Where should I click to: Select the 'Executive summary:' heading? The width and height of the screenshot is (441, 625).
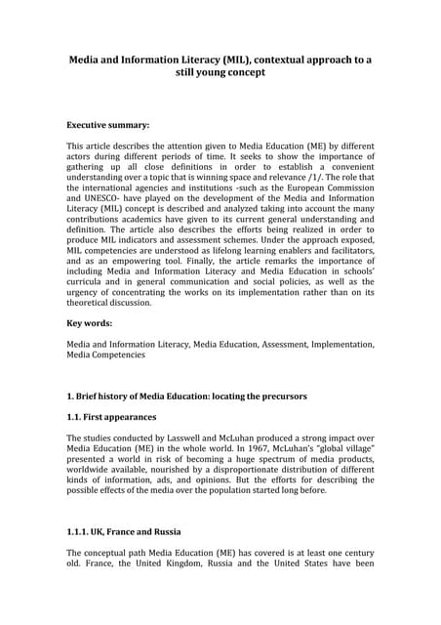tap(108, 126)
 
